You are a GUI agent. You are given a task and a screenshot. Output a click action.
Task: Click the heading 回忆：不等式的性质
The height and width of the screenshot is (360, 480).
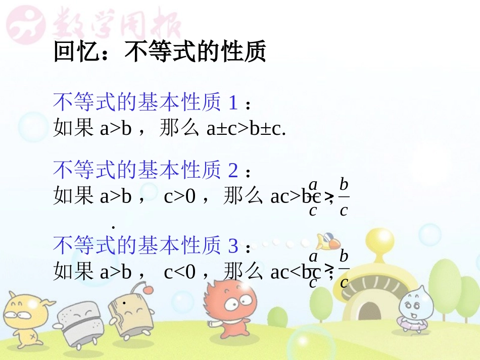click(x=160, y=52)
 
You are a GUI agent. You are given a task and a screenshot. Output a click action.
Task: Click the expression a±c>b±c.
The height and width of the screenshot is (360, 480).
click(x=247, y=129)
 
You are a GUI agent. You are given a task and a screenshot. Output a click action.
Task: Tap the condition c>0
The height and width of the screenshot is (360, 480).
click(x=179, y=196)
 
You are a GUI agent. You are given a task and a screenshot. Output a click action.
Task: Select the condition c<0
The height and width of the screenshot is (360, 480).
click(x=179, y=272)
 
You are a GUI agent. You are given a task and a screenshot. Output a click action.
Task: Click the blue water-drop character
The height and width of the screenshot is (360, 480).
click(x=414, y=308)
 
